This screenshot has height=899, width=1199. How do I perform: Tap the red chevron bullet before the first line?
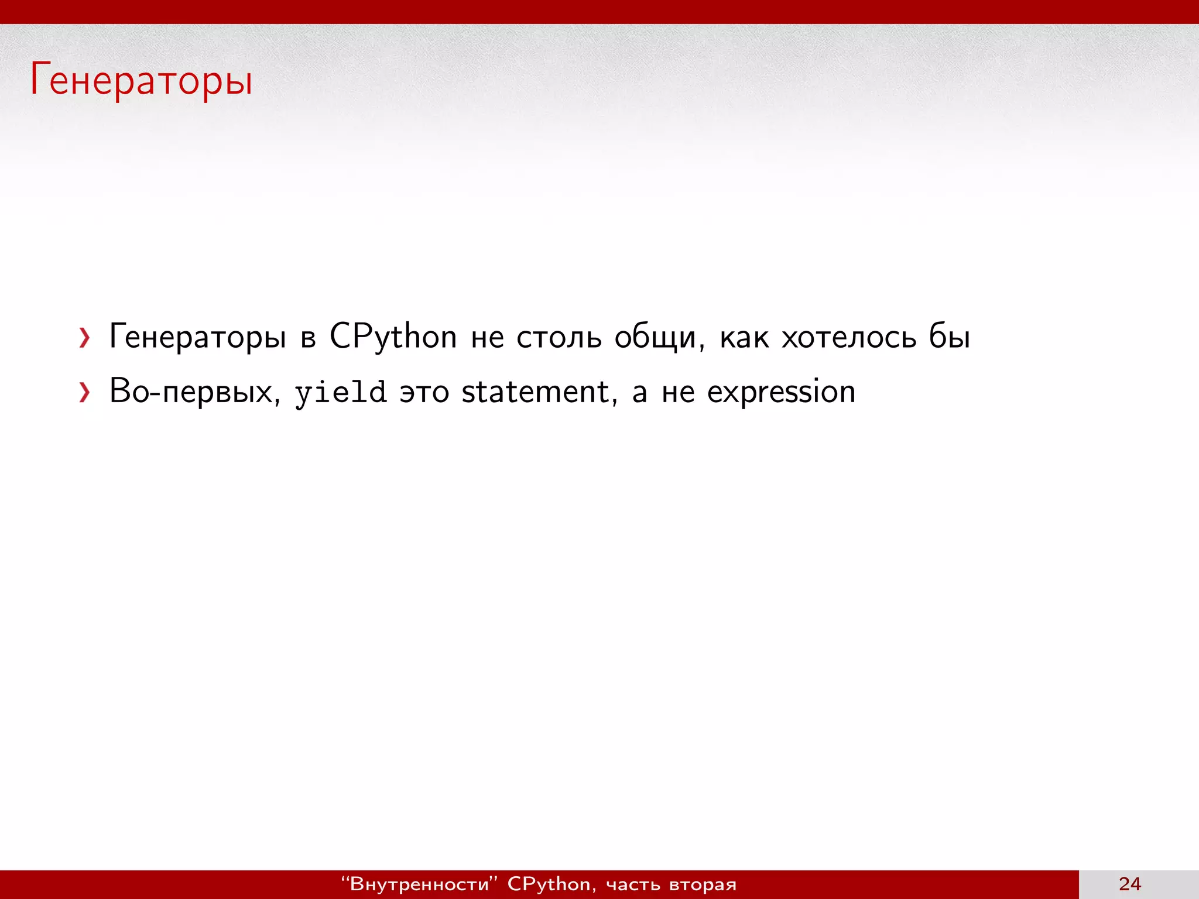pyautogui.click(x=85, y=338)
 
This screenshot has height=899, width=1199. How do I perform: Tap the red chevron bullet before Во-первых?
pyautogui.click(x=85, y=393)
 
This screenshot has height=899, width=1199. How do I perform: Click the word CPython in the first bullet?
pyautogui.click(x=393, y=338)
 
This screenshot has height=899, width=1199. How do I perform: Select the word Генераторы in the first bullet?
pyautogui.click(x=198, y=338)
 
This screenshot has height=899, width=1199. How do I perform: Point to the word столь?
pyautogui.click(x=559, y=338)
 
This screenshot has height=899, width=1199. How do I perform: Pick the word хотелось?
pyautogui.click(x=849, y=338)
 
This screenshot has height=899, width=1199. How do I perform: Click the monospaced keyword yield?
pyautogui.click(x=340, y=393)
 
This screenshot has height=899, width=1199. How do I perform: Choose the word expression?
pyautogui.click(x=781, y=393)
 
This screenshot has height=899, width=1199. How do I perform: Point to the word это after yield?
pyautogui.click(x=424, y=393)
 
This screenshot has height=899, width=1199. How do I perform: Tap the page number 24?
pyautogui.click(x=1129, y=884)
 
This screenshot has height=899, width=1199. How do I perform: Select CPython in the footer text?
pyautogui.click(x=549, y=884)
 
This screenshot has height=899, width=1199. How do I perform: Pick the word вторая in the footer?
pyautogui.click(x=703, y=884)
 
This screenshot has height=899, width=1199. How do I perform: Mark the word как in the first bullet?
pyautogui.click(x=744, y=338)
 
